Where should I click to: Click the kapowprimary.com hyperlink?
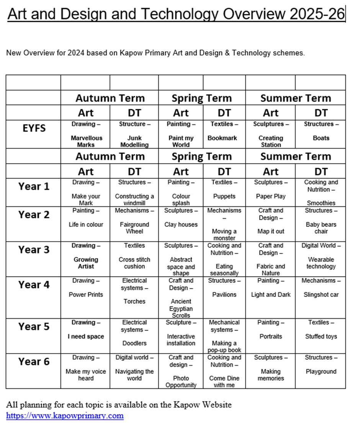(x=65, y=415)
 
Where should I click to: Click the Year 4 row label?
(x=34, y=285)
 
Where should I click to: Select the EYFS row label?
(x=34, y=128)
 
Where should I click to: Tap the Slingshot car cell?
(x=321, y=295)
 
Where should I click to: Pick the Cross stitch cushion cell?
(x=134, y=263)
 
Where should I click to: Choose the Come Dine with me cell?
(x=224, y=381)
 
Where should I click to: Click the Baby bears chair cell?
(x=321, y=228)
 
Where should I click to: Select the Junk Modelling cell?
(x=134, y=141)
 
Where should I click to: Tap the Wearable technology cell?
(x=321, y=263)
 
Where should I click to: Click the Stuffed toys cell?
(x=321, y=336)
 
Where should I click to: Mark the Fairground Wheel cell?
(x=134, y=228)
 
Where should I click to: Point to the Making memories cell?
(x=271, y=375)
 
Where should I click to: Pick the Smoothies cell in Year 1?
(x=321, y=203)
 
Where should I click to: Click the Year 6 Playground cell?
(x=321, y=371)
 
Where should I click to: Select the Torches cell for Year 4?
(x=134, y=301)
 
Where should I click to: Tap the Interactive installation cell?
(x=181, y=340)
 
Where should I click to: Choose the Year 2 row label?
(x=34, y=215)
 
